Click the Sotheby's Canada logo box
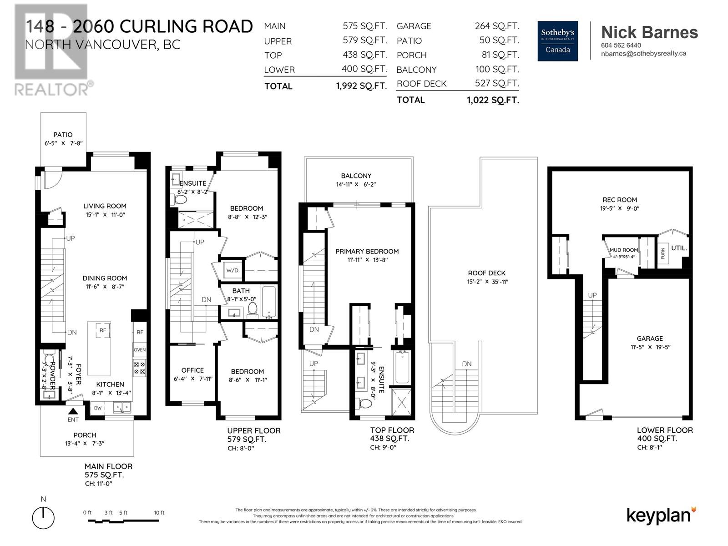tap(557, 41)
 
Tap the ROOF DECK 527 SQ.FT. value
tap(497, 83)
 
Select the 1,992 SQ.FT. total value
tap(362, 86)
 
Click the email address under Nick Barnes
tap(643, 53)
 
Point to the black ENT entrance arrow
tap(73, 411)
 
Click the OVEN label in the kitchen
tap(140, 350)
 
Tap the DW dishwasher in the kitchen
tap(97, 408)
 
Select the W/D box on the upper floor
tap(232, 270)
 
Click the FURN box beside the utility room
tap(662, 253)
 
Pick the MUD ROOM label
tap(623, 250)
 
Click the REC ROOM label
tap(620, 200)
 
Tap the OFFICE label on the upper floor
tap(192, 370)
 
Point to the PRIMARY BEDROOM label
tap(367, 251)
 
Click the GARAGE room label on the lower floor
tap(650, 339)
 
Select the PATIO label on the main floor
tap(63, 135)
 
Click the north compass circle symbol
tap(43, 518)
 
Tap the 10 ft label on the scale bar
tap(159, 512)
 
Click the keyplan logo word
tap(659, 516)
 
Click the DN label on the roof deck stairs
tap(467, 364)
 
